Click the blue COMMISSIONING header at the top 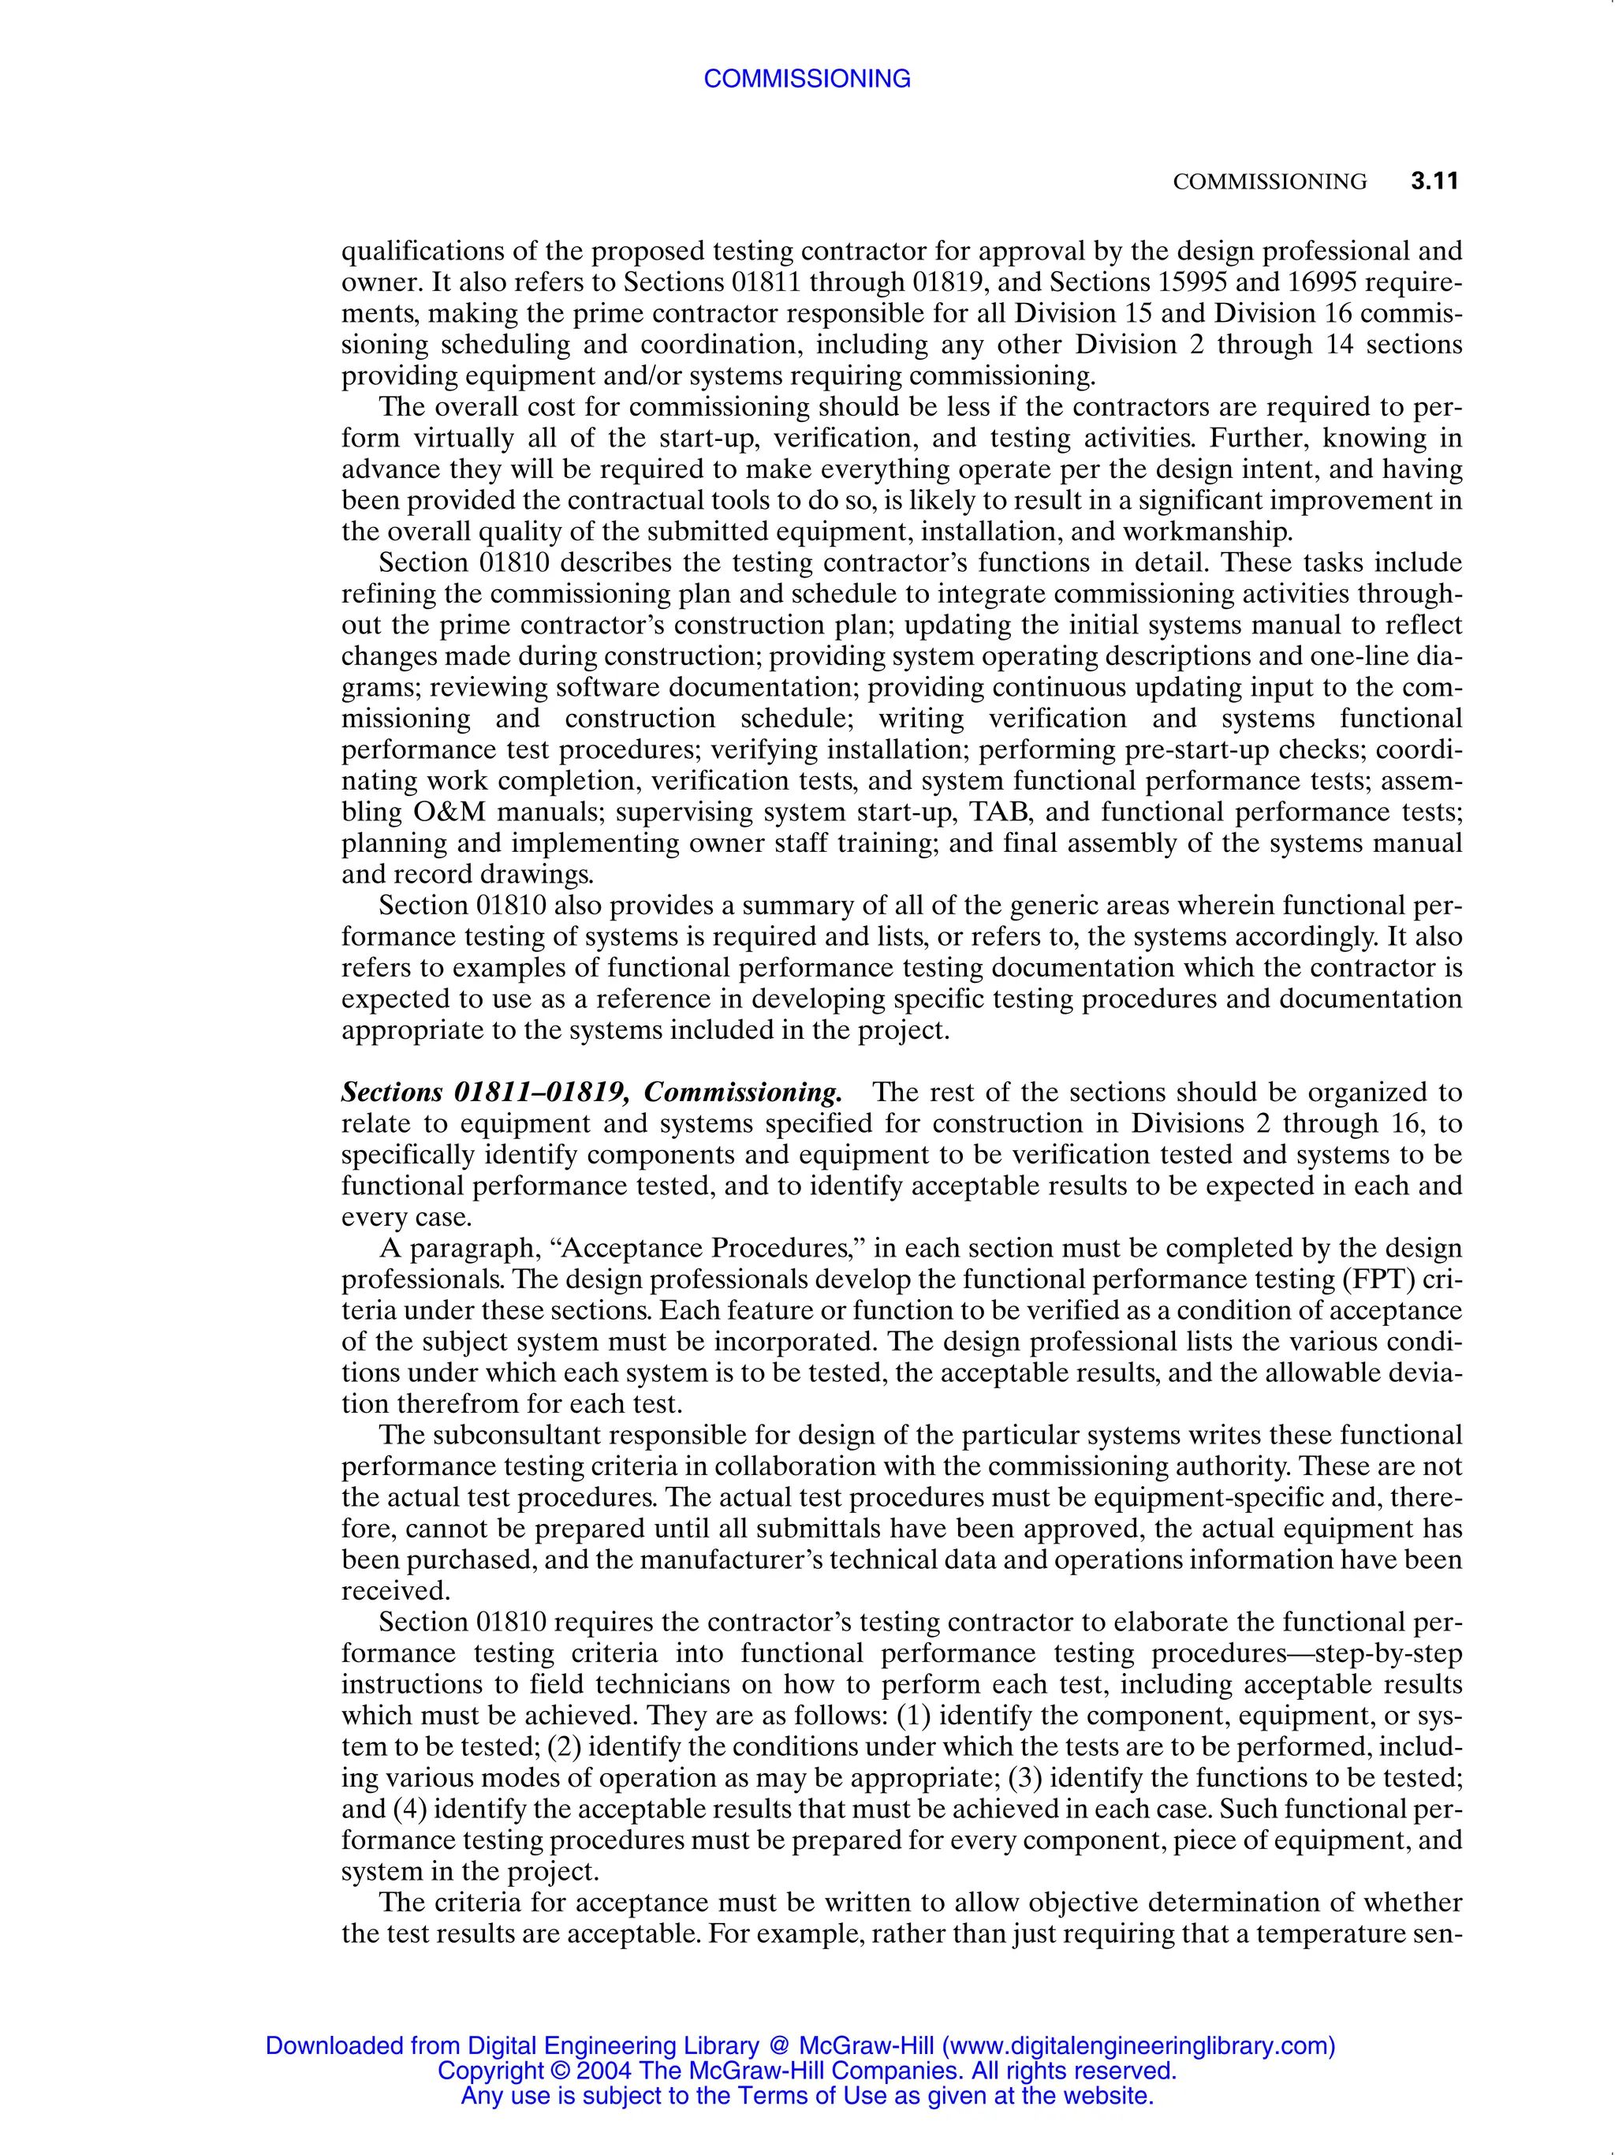[x=807, y=79]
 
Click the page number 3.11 [x=1434, y=181]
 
